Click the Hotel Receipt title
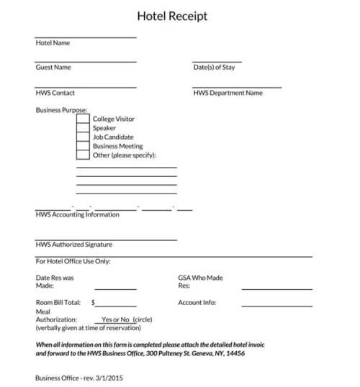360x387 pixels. click(174, 15)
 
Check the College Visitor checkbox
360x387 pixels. click(83, 119)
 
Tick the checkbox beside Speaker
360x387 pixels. click(83, 128)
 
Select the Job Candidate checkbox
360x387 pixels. click(83, 137)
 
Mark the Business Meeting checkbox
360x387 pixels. click(83, 146)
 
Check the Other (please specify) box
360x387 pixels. click(83, 155)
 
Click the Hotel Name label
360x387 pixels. click(53, 42)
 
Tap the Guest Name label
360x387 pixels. click(53, 68)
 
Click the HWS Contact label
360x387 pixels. click(55, 93)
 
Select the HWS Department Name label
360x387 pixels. click(228, 93)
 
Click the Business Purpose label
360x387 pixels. click(61, 110)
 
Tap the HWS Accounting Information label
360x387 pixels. click(77, 215)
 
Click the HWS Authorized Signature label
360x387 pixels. click(73, 245)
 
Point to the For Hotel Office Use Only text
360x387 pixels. click(73, 261)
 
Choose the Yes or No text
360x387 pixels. click(115, 319)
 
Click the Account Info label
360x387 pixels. click(197, 303)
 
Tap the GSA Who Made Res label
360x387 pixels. click(200, 278)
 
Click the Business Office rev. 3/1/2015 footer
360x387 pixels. click(78, 376)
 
